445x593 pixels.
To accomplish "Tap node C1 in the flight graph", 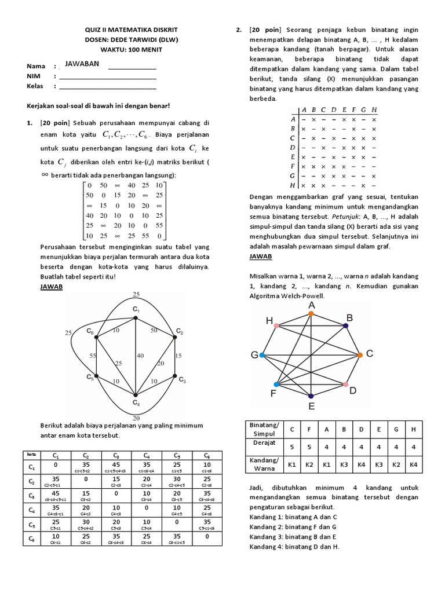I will [136, 317].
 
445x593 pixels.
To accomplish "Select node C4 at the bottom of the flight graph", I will [136, 395].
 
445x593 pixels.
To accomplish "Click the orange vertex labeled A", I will [311, 314].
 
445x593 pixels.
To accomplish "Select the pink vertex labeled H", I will [277, 326].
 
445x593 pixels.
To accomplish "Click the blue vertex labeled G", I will [262, 354].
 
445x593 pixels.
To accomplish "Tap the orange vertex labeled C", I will [360, 354].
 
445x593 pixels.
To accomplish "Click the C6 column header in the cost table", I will [206, 456].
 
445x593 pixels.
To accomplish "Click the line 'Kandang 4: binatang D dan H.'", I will [294, 546].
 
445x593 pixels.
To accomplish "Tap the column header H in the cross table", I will [374, 109].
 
